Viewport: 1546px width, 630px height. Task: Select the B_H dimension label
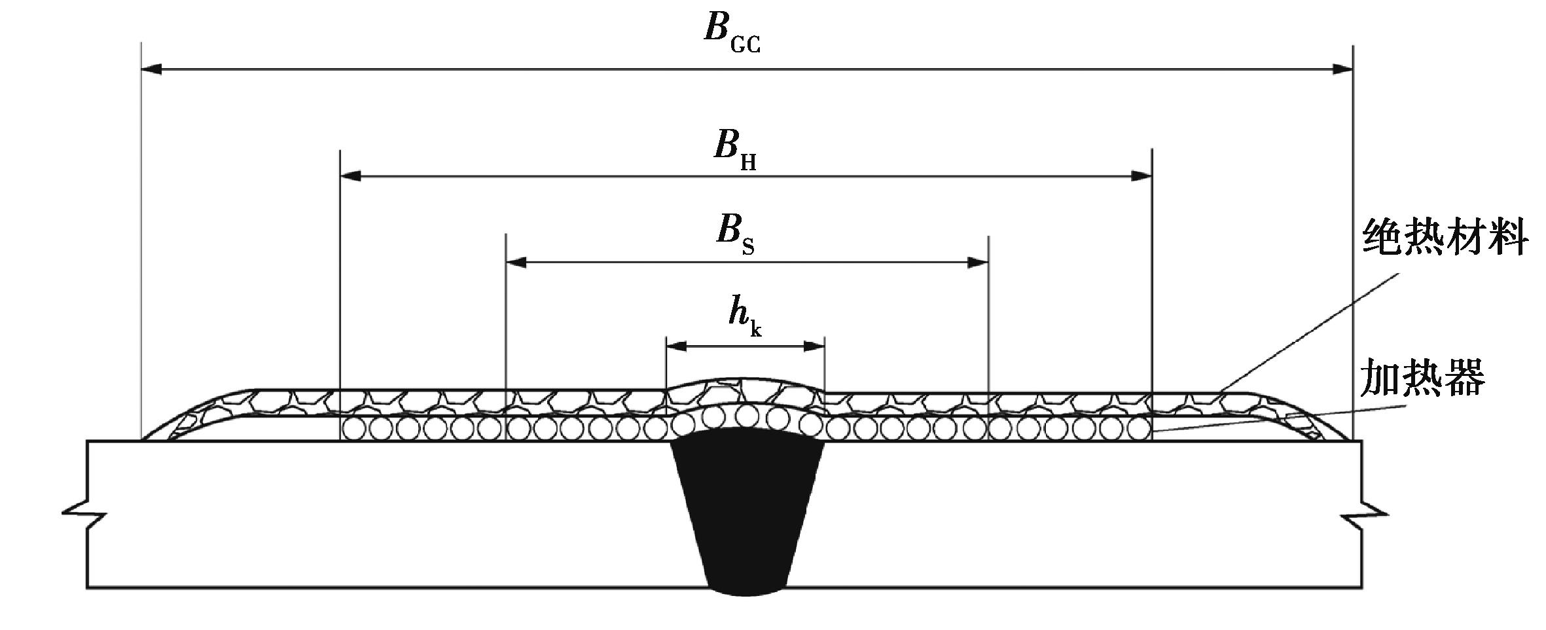pyautogui.click(x=734, y=149)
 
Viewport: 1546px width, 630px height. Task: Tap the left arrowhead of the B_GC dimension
pyautogui.click(x=152, y=69)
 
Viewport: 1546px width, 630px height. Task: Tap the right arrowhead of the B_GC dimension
pyautogui.click(x=1342, y=69)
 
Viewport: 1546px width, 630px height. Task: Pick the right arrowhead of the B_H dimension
pyautogui.click(x=1142, y=176)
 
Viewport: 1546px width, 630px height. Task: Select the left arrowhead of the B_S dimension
pyautogui.click(x=516, y=263)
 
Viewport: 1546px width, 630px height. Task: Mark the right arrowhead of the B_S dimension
pyautogui.click(x=978, y=263)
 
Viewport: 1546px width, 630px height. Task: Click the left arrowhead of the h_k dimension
pyautogui.click(x=675, y=346)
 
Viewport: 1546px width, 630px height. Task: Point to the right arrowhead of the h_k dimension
pyautogui.click(x=814, y=346)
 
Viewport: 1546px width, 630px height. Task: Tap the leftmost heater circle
pyautogui.click(x=353, y=429)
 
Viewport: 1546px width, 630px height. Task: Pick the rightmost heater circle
pyautogui.click(x=1139, y=429)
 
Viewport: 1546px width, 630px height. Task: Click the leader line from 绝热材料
pyautogui.click(x=1309, y=334)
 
